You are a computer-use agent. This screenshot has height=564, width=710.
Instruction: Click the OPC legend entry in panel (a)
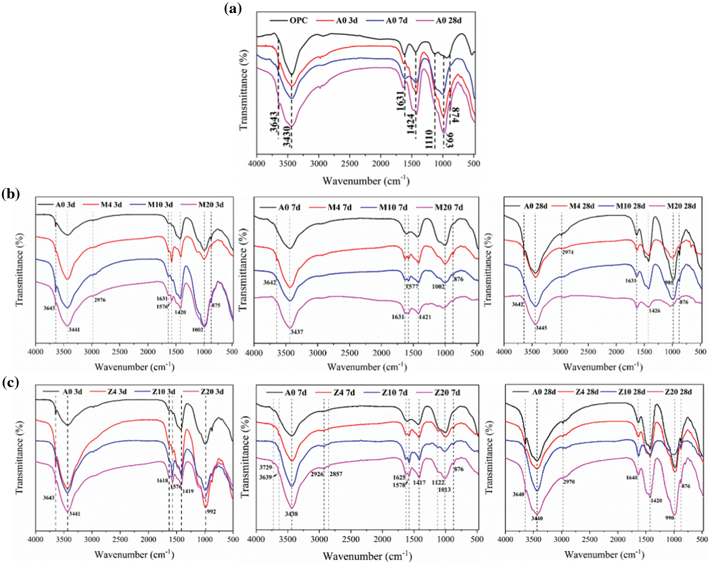(298, 21)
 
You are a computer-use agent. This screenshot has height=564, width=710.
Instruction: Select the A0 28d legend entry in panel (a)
(448, 21)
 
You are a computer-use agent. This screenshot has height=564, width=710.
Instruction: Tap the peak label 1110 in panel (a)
(429, 139)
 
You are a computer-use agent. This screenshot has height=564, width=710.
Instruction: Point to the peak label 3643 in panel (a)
(274, 122)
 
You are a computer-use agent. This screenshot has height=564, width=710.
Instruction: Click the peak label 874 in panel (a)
(455, 115)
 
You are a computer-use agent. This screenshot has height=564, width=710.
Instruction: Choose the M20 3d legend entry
(211, 205)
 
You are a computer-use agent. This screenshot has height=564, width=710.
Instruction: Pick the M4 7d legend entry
(339, 208)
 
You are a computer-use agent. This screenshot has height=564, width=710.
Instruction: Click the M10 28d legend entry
(630, 206)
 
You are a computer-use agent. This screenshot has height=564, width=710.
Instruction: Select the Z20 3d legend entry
(212, 392)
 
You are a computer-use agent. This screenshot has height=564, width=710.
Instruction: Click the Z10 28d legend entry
(631, 392)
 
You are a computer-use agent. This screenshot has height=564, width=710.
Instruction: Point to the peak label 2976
(100, 300)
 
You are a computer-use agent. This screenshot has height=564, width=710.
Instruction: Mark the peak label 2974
(568, 252)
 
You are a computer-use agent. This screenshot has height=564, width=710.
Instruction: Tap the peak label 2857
(336, 474)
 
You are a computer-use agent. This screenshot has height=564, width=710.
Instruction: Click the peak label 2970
(569, 482)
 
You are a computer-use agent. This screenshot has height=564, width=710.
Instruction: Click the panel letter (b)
(10, 194)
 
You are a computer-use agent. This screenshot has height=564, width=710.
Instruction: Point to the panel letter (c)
(10, 383)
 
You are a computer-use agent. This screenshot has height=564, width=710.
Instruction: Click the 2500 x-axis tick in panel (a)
(350, 164)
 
